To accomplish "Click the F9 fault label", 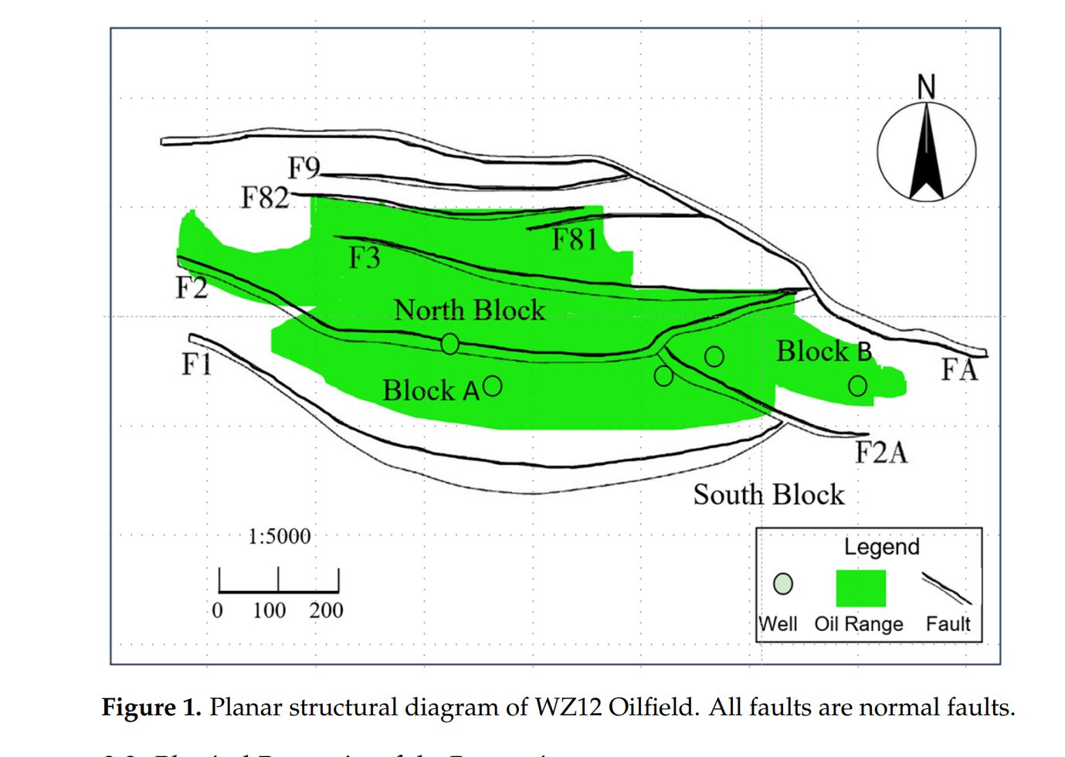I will [304, 168].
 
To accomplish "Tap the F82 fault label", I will [265, 198].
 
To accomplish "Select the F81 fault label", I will [575, 239].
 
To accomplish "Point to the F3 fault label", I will [365, 257].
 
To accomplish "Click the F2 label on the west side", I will [191, 287].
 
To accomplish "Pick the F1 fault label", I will [196, 363].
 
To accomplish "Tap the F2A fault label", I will [881, 452].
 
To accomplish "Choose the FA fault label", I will [959, 370].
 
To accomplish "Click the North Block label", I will [470, 310].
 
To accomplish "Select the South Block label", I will [768, 494].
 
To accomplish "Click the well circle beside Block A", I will [492, 386].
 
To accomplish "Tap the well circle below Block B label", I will [857, 385].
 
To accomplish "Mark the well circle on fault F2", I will [450, 344].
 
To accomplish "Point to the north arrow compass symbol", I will [926, 152].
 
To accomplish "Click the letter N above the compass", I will [926, 87].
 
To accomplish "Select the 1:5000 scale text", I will [280, 536].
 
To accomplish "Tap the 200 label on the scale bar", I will [326, 610].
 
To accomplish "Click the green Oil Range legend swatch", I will [860, 588].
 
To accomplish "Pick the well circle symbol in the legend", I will [783, 584].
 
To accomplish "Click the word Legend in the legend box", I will [881, 547].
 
